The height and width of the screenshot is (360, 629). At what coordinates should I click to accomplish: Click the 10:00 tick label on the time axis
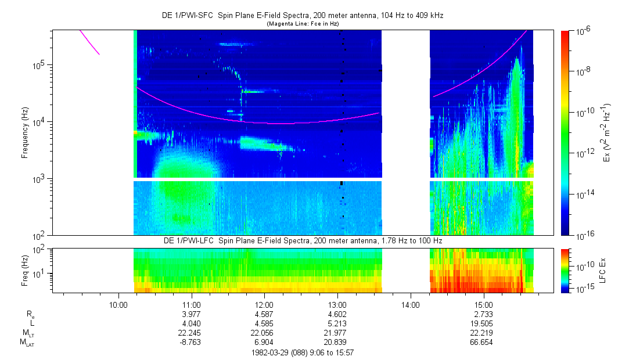click(x=118, y=305)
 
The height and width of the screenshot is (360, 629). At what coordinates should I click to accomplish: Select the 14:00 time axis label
click(x=410, y=305)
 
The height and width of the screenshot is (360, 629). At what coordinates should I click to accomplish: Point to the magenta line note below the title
click(x=303, y=24)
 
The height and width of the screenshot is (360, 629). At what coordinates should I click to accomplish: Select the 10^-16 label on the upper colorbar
click(x=583, y=235)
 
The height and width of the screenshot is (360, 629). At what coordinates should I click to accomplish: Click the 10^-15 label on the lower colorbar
click(x=583, y=289)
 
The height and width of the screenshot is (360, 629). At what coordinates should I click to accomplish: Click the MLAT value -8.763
click(x=192, y=343)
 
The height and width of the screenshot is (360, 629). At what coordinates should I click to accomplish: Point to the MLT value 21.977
click(x=337, y=333)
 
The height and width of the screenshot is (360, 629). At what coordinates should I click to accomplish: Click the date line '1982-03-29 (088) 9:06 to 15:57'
click(x=303, y=352)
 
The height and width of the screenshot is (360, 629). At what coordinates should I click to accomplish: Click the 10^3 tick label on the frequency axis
click(x=38, y=179)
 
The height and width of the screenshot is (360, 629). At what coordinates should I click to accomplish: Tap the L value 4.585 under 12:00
click(x=264, y=323)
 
